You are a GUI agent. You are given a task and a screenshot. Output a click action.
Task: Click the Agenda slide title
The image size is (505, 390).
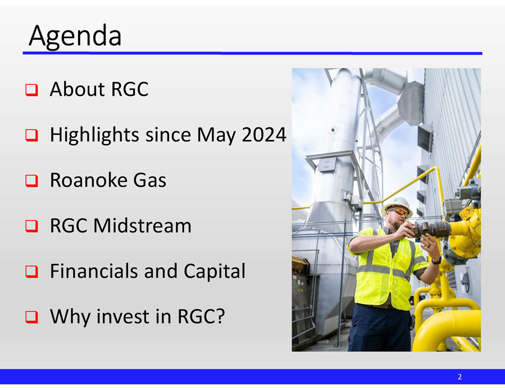pos(75,36)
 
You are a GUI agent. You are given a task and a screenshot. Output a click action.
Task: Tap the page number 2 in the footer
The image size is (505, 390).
pos(459,377)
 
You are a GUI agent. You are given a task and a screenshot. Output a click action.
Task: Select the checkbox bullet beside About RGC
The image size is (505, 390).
pos(31,90)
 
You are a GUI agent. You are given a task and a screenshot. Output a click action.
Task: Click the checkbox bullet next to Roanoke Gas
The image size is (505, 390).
pos(31,181)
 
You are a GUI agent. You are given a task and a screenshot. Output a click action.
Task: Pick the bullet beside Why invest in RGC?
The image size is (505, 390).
pos(31,317)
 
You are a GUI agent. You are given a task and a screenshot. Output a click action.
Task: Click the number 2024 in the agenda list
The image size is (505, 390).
pos(264,135)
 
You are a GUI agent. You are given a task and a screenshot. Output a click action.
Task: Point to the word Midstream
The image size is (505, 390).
pos(142,226)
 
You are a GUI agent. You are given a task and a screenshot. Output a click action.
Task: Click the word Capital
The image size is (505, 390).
pos(215,272)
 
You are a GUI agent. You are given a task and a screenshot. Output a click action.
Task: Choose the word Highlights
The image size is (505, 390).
pos(94,135)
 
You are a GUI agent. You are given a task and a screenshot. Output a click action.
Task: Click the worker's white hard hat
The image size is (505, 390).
pos(397,205)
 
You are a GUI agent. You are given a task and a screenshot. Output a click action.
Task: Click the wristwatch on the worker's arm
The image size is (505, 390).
pos(436,260)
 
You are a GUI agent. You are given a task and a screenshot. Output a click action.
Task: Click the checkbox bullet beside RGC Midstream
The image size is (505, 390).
pos(31,226)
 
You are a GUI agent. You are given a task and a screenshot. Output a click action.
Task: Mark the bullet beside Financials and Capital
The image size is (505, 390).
pos(31,272)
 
